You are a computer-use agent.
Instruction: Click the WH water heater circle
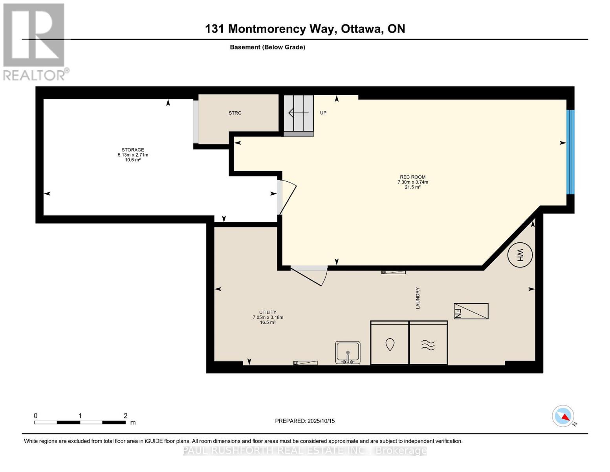520,255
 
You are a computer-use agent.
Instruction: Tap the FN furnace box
471,311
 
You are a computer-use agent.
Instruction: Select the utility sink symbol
348,352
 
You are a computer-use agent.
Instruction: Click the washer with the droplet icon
389,343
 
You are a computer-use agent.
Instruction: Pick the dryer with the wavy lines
428,343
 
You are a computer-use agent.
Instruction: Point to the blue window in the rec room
570,152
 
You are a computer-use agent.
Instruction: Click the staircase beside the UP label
299,116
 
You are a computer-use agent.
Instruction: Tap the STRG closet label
235,113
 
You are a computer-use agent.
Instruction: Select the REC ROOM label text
413,177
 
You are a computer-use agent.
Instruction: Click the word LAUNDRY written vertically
418,298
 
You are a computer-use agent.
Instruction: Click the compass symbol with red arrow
562,416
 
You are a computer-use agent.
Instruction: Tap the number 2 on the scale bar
125,415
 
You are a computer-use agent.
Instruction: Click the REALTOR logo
35,42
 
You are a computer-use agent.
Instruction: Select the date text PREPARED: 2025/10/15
305,421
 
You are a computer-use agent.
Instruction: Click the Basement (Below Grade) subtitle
267,47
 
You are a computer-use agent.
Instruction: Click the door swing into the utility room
309,277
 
